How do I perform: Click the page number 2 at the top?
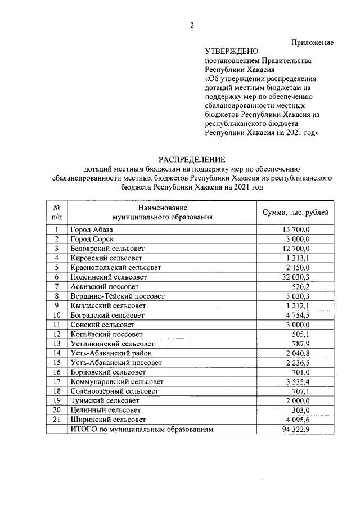point(192,25)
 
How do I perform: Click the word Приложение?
point(312,43)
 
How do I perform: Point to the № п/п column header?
point(57,212)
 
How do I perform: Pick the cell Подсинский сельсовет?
point(108,277)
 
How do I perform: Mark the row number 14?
point(57,353)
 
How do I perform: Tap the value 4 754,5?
point(296,315)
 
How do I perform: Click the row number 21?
point(57,420)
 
